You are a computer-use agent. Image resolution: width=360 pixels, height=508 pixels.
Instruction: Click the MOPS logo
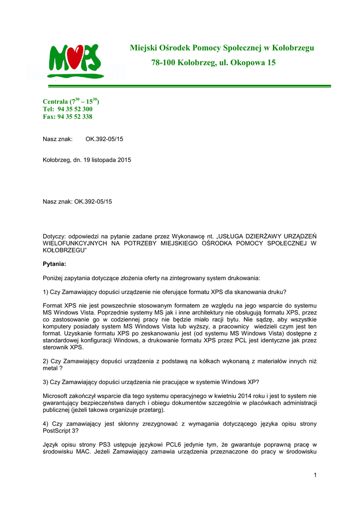click(74, 61)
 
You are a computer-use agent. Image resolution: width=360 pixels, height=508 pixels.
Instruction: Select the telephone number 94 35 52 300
click(75, 109)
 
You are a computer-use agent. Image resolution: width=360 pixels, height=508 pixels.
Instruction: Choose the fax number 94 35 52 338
click(75, 117)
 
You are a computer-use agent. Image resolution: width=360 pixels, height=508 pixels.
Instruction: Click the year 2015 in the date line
click(124, 160)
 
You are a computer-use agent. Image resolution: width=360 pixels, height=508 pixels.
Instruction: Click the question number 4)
click(46, 424)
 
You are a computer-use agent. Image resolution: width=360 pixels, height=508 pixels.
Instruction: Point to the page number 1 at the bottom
click(315, 475)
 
